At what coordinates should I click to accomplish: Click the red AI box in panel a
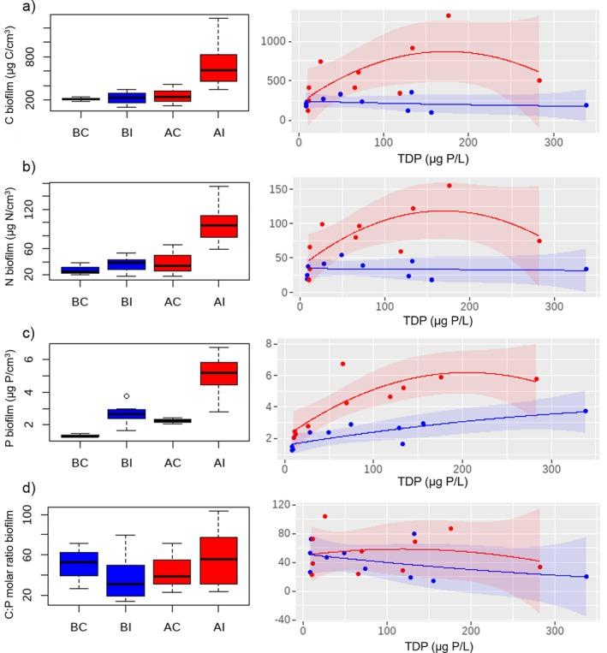click(218, 68)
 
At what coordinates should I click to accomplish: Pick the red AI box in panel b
click(218, 226)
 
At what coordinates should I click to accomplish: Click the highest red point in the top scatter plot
click(448, 15)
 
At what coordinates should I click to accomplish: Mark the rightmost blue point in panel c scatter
click(586, 412)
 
